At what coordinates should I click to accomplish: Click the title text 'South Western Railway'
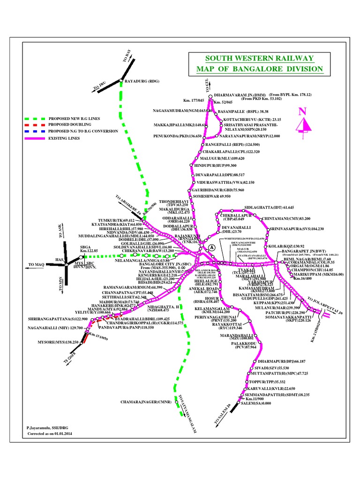(x=259, y=58)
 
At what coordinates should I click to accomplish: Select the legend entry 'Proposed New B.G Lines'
(x=80, y=119)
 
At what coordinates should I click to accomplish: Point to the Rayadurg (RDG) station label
(x=142, y=81)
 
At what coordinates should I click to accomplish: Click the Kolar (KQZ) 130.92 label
(x=285, y=246)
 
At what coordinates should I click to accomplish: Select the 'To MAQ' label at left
(x=36, y=265)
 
